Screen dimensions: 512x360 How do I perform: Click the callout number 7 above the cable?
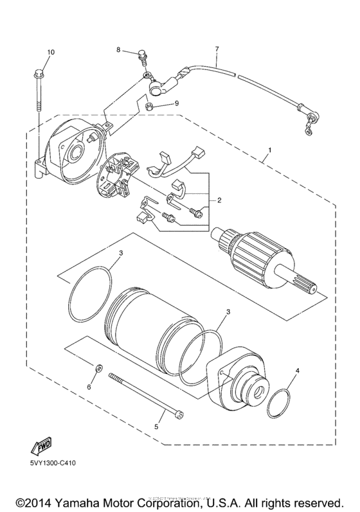coord(217,49)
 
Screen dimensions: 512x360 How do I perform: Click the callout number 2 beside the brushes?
coord(219,200)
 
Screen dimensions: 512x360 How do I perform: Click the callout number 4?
coord(297,371)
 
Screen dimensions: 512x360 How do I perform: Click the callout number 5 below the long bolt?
coord(155,425)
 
